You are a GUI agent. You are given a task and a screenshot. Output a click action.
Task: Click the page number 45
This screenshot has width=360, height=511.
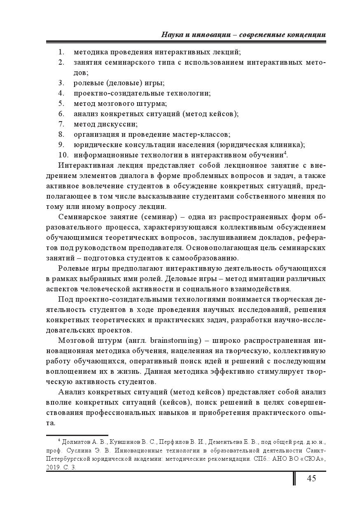[311, 478]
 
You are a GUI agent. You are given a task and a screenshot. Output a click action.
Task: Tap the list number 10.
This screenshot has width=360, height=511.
[63, 155]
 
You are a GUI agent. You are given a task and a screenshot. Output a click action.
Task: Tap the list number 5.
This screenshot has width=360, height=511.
[61, 103]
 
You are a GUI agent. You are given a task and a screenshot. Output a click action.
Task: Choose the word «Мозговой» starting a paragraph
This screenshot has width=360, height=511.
[75, 340]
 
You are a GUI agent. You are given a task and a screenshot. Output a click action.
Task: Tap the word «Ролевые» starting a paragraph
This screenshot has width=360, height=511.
[72, 268]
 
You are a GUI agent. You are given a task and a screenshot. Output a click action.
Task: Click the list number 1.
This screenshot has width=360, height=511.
[61, 52]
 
